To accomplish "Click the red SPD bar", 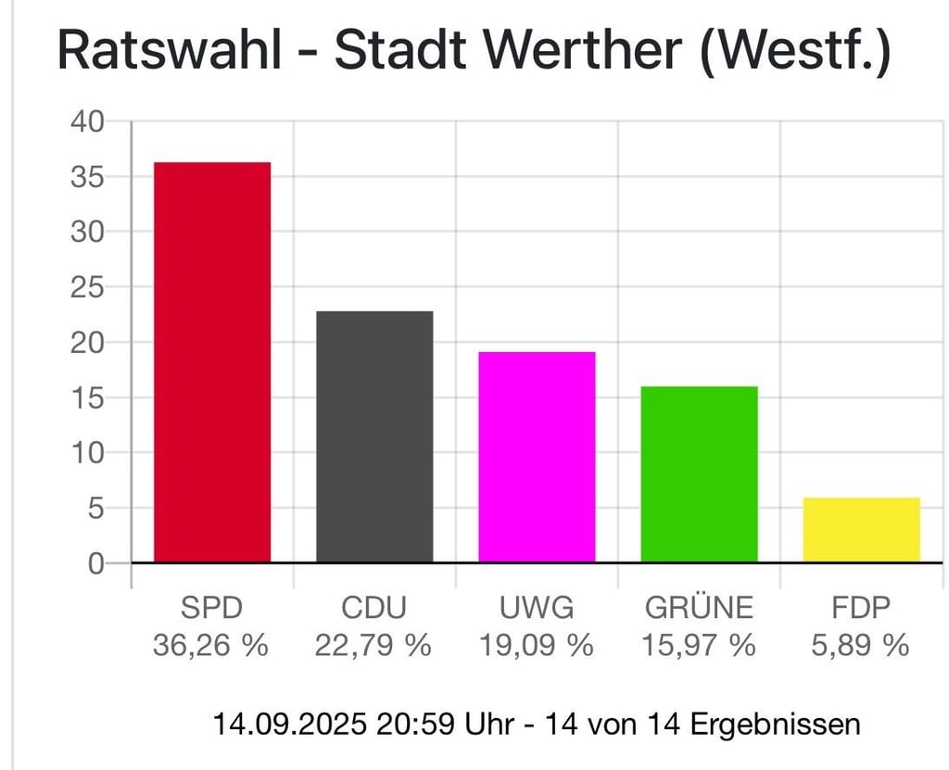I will (x=212, y=362).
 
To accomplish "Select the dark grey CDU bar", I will (x=374, y=436).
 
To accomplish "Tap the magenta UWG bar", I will (x=537, y=457).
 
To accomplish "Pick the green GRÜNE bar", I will (x=699, y=473).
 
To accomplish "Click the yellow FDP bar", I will (x=861, y=530).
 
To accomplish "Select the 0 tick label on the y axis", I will (x=95, y=562).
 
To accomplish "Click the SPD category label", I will (x=211, y=608).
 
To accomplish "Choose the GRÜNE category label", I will (x=699, y=608).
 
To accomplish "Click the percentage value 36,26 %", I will (x=211, y=645).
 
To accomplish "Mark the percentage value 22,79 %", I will (x=373, y=645).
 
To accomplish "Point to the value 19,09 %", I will (x=537, y=645).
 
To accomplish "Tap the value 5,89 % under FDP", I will (x=861, y=645).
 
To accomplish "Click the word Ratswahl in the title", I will (x=170, y=51).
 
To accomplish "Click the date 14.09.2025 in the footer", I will (x=291, y=724).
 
